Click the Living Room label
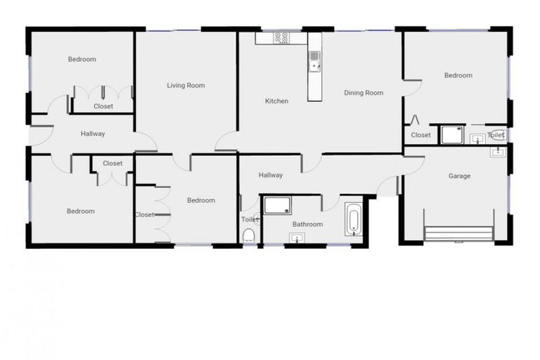pos(186,86)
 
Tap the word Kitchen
pos(276,101)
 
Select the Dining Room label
pos(364,93)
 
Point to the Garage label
pos(459,176)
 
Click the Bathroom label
pos(307,224)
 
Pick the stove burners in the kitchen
pos(282,38)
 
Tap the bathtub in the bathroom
pos(353,219)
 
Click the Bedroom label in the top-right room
pos(458,75)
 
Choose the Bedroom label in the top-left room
pos(82,59)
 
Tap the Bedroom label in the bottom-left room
pos(80,211)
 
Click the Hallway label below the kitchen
pos(271,175)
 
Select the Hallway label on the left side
pos(93,134)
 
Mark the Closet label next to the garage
pos(420,135)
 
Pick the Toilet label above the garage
pos(495,134)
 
